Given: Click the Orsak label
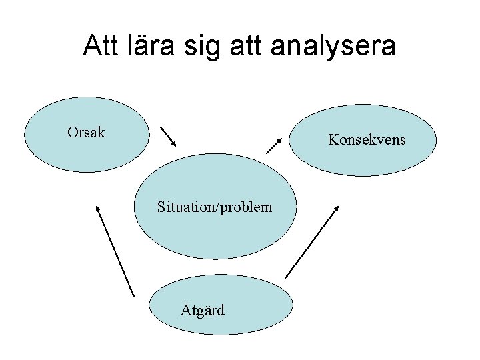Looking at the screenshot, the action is (86, 132).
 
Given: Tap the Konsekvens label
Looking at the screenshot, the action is (367, 140).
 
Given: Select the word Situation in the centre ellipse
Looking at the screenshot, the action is (184, 207).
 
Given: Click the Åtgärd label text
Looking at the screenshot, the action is (203, 310).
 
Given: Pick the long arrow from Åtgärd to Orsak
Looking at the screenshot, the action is (115, 251).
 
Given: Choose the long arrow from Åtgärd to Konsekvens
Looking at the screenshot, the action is (312, 241).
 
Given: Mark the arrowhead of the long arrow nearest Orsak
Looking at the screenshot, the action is (97, 207).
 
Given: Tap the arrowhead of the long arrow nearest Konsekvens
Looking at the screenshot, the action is (337, 208).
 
